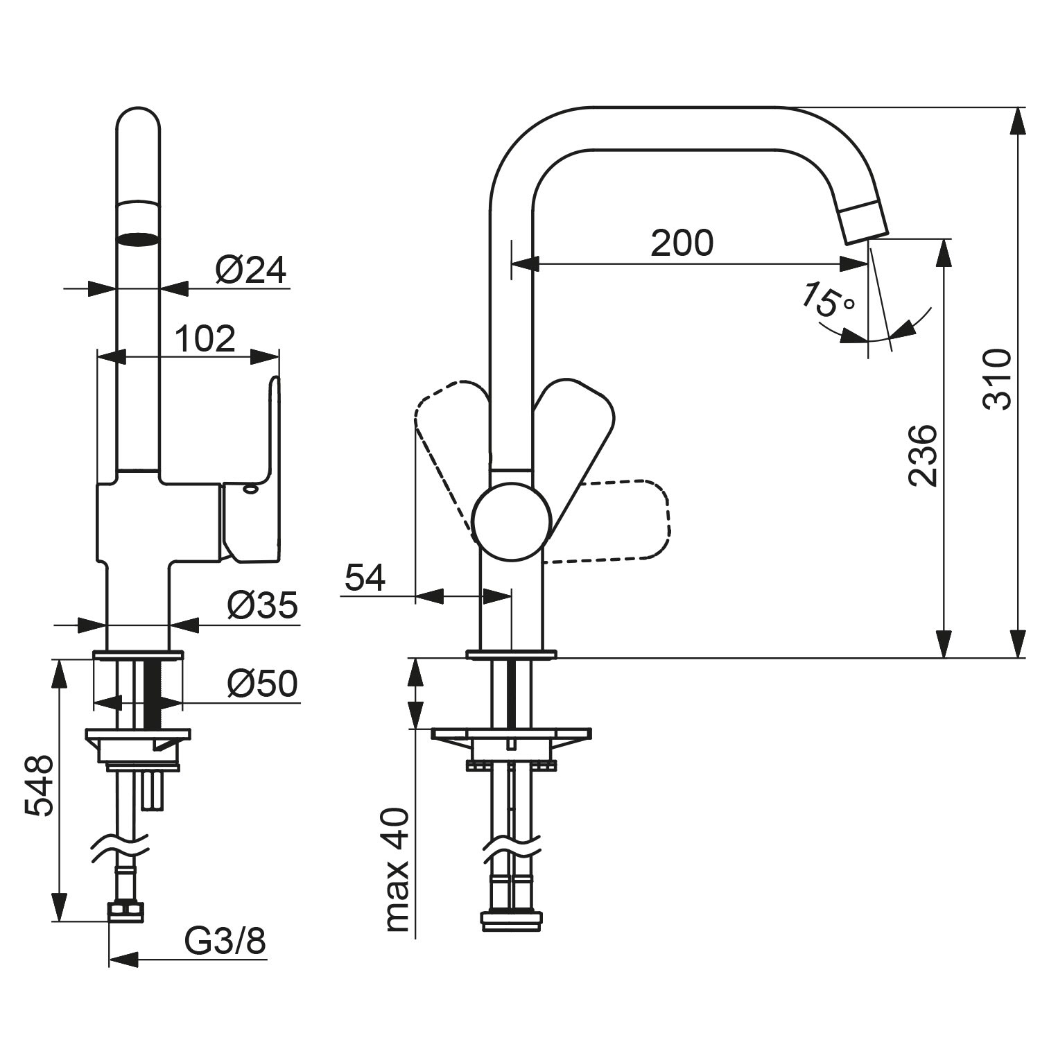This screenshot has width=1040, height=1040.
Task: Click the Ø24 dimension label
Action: [x=250, y=270]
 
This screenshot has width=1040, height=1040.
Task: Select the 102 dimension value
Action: [x=205, y=339]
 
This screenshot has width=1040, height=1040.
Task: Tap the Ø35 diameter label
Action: [x=262, y=605]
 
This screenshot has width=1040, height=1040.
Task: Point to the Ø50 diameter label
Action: [x=262, y=684]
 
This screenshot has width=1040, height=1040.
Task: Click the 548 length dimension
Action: [x=39, y=786]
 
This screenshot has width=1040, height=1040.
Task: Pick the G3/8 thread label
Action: [x=225, y=942]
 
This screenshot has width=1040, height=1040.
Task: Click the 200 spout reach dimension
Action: [x=682, y=243]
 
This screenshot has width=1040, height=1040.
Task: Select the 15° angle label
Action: [x=827, y=300]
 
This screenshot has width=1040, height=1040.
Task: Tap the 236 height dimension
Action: [x=923, y=456]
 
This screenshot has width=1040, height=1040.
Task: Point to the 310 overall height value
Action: [x=998, y=380]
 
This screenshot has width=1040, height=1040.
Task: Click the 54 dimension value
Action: [x=365, y=578]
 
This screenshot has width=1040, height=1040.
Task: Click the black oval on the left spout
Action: [x=138, y=239]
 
